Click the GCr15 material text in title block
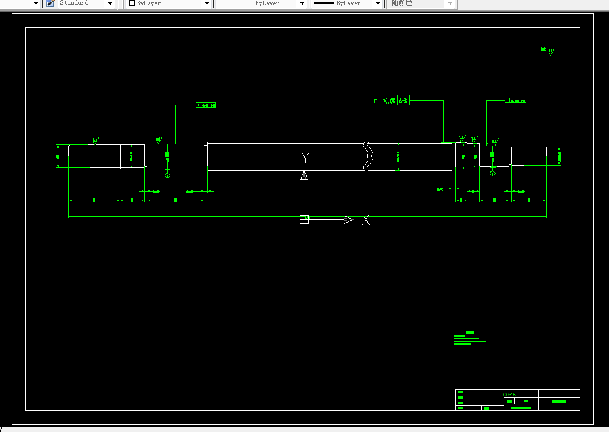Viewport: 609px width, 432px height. (510, 395)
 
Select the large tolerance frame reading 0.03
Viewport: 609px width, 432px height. (390, 101)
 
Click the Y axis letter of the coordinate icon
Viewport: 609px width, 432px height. (305, 157)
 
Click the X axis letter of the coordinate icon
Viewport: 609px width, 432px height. (366, 219)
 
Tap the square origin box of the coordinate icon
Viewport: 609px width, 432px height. (304, 219)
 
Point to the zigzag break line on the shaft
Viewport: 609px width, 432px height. (367, 155)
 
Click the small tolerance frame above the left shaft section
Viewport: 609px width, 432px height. (206, 105)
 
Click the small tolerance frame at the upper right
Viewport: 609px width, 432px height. (515, 101)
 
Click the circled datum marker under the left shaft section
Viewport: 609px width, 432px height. (168, 175)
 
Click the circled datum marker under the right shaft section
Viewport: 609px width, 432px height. (492, 173)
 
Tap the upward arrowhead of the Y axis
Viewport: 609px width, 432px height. (304, 175)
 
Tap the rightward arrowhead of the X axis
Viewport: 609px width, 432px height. (348, 219)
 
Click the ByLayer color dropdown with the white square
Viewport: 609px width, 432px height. (169, 3)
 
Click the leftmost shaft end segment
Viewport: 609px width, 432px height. (94, 156)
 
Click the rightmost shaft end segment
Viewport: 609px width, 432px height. (528, 156)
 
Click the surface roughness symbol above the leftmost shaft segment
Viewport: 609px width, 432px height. (95, 140)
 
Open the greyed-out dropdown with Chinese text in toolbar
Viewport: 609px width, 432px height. (421, 3)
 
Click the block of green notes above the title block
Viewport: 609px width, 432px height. (469, 339)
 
